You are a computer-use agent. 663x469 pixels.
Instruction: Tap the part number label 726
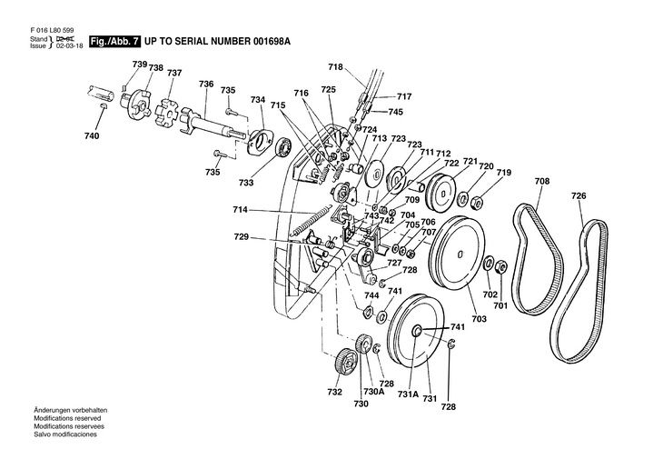pyautogui.click(x=579, y=195)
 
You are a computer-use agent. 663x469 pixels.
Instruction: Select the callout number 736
pyautogui.click(x=206, y=84)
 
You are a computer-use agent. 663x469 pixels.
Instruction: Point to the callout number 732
pyautogui.click(x=335, y=392)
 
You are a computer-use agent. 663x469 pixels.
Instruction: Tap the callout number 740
pyautogui.click(x=92, y=136)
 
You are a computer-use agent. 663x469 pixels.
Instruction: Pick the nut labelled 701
pyautogui.click(x=500, y=267)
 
